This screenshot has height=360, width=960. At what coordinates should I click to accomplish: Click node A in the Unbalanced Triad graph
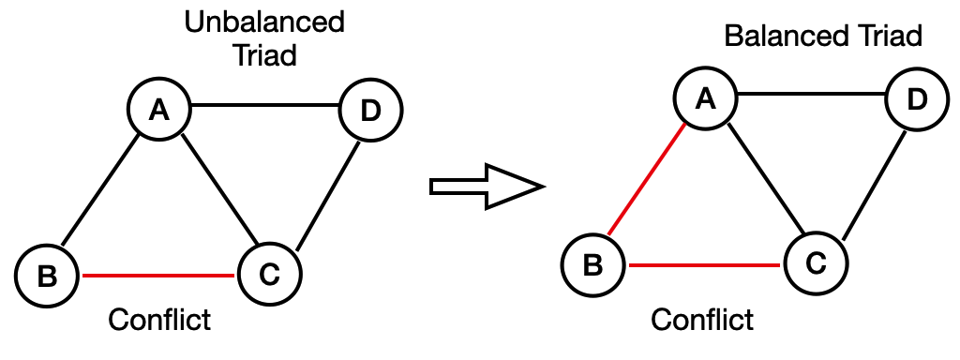click(160, 111)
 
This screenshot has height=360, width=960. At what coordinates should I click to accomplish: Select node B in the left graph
click(48, 275)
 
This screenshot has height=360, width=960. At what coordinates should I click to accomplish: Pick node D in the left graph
click(370, 111)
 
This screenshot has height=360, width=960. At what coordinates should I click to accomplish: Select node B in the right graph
click(593, 265)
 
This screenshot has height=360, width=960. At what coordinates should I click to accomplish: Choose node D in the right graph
click(916, 99)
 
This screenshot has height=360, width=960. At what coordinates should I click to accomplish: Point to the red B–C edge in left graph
click(158, 276)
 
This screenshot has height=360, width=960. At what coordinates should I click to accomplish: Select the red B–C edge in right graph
click(704, 265)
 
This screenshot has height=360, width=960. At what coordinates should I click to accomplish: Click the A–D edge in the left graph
click(265, 105)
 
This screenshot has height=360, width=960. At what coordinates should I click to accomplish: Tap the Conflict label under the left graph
click(159, 320)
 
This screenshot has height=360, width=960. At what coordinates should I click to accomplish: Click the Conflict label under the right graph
click(703, 320)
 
